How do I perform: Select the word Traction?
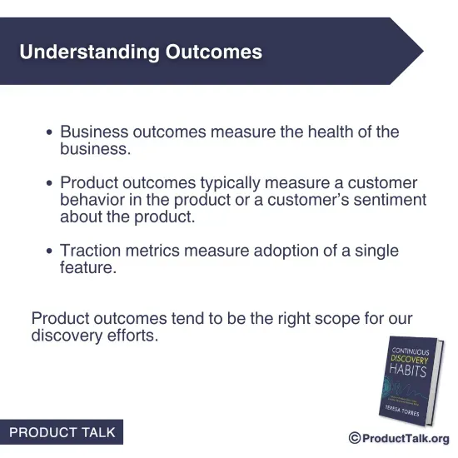tap(92, 251)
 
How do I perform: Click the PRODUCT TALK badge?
tap(62, 433)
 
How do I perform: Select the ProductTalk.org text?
tap(406, 439)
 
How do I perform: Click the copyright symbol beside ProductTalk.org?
tap(354, 439)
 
